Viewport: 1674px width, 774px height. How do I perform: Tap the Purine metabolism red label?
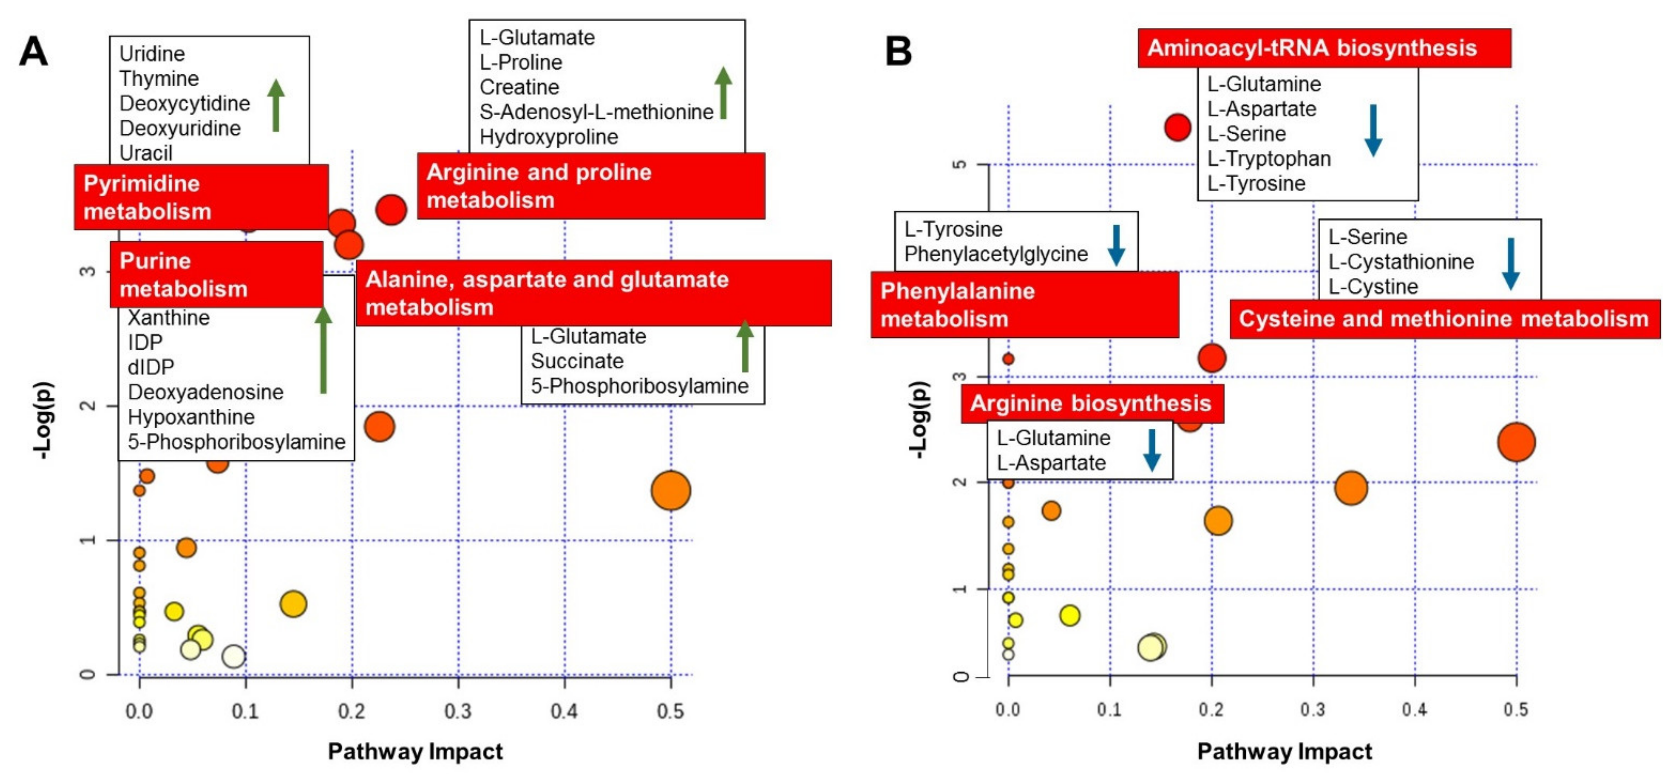[x=217, y=274]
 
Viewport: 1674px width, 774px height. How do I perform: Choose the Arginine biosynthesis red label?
[x=1092, y=403]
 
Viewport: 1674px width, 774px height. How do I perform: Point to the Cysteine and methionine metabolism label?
[x=1444, y=319]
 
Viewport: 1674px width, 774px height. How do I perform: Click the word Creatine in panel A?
[x=519, y=87]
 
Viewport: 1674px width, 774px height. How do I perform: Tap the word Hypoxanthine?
[x=191, y=417]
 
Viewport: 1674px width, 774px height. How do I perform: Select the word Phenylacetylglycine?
[x=995, y=254]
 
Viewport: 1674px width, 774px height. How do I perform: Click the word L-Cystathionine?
[x=1400, y=262]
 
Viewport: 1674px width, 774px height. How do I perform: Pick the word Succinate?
[x=577, y=361]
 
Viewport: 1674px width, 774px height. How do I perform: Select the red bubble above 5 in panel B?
[x=1177, y=127]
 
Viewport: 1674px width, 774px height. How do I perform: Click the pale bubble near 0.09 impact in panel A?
[x=234, y=656]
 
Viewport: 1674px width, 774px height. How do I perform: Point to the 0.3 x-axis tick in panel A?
[x=458, y=711]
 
